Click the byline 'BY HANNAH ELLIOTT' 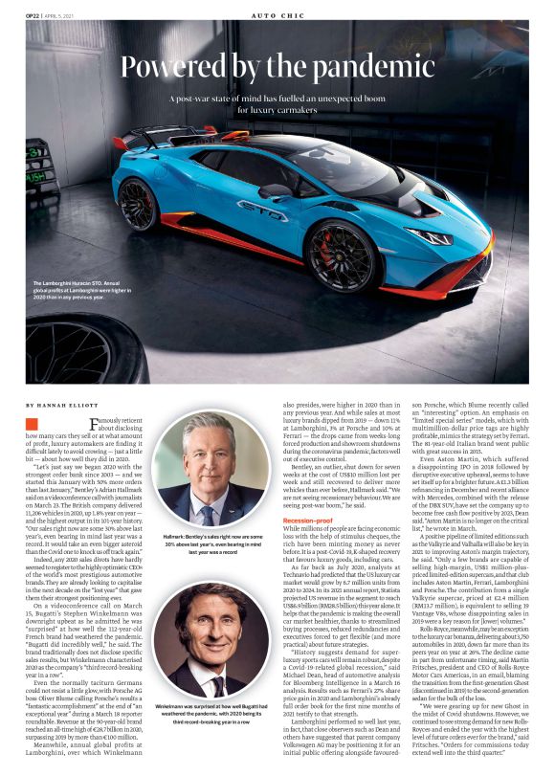(59, 406)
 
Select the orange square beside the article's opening (33, 423)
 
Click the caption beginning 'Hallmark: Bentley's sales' (211, 543)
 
